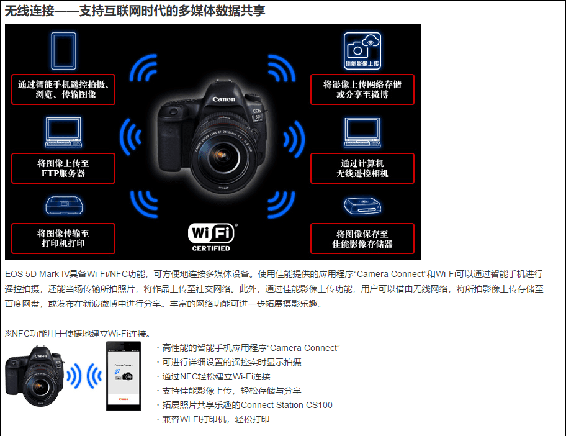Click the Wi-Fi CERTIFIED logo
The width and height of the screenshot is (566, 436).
pyautogui.click(x=211, y=237)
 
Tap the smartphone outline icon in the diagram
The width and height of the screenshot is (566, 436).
pyautogui.click(x=63, y=51)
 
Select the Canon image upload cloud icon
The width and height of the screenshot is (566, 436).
pyautogui.click(x=362, y=50)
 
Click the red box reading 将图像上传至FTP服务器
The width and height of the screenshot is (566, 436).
pyautogui.click(x=63, y=168)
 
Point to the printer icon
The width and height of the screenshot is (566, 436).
pyautogui.click(x=64, y=205)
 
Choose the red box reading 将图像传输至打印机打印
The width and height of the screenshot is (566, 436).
pyautogui.click(x=63, y=238)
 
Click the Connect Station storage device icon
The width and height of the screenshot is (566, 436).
pyautogui.click(x=362, y=206)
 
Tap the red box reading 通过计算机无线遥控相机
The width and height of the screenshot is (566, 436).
pyautogui.click(x=362, y=168)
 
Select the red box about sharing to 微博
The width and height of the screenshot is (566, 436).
pyautogui.click(x=362, y=89)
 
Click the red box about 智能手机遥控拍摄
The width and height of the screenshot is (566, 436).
pyautogui.click(x=63, y=89)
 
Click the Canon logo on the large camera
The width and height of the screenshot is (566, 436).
pyautogui.click(x=223, y=99)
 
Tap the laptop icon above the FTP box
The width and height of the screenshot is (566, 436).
pyautogui.click(x=63, y=132)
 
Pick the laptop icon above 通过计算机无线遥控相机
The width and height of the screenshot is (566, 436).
pyautogui.click(x=362, y=132)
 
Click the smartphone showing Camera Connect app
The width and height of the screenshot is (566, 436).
pyautogui.click(x=124, y=376)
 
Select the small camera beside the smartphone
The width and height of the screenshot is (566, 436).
pyautogui.click(x=35, y=376)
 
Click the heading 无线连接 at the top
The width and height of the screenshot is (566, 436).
pyautogui.click(x=30, y=11)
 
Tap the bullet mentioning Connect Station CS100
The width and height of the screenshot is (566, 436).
pyautogui.click(x=245, y=405)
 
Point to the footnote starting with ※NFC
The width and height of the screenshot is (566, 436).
pyautogui.click(x=78, y=334)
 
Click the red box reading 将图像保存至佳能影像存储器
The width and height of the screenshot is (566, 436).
pyautogui.click(x=362, y=238)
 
